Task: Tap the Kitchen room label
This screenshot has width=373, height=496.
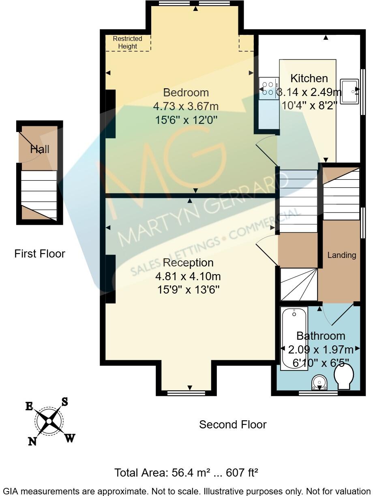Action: click(x=309, y=78)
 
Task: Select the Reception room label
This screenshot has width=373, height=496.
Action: click(x=188, y=263)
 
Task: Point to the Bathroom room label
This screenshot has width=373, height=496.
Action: click(x=321, y=336)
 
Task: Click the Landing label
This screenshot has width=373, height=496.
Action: click(x=342, y=255)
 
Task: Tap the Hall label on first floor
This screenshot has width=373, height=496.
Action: click(x=40, y=149)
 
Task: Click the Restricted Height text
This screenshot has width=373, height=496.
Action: click(x=127, y=43)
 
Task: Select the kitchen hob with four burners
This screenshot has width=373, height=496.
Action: click(x=268, y=89)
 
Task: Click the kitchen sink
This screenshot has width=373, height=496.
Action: click(x=349, y=92)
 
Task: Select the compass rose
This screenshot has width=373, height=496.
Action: click(x=49, y=421)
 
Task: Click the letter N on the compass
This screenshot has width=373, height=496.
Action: click(x=32, y=441)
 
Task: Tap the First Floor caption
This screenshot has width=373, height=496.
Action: click(x=40, y=254)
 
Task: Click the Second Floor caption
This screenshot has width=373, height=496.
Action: click(x=233, y=424)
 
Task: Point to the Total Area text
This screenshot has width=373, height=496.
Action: click(x=186, y=473)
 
